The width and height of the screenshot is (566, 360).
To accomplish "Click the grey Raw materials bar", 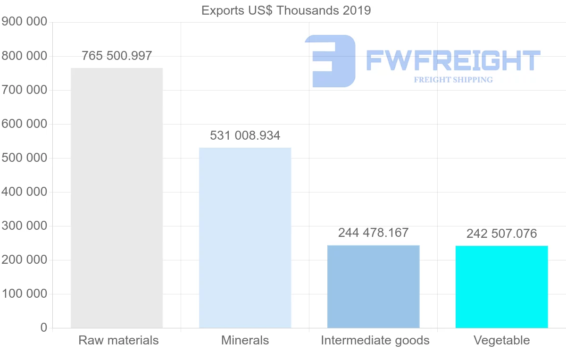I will (117, 198).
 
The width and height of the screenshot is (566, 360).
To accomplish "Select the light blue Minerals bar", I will (245, 238).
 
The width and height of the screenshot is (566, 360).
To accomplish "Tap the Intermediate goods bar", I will (373, 286).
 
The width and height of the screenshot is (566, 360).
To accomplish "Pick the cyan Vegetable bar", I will (501, 287).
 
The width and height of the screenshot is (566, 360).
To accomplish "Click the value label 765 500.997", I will (117, 56).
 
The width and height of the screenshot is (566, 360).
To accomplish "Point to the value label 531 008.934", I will (245, 136).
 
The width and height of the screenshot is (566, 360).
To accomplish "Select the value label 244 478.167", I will (373, 233).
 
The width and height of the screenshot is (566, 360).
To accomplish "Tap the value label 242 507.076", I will (501, 234).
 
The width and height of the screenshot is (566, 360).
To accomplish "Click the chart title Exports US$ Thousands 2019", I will (286, 10).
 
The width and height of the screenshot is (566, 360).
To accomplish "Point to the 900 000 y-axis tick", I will (24, 22).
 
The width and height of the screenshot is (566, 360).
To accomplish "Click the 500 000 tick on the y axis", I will (24, 158).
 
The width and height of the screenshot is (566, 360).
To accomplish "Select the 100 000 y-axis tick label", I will (24, 294).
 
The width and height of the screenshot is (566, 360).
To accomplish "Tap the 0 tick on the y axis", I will (44, 328).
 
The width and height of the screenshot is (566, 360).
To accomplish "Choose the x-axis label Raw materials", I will (118, 340).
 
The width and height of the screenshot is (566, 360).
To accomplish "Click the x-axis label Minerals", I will (245, 340).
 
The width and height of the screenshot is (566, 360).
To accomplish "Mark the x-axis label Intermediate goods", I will (375, 340).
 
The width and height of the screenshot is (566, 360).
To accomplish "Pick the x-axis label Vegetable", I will (501, 340).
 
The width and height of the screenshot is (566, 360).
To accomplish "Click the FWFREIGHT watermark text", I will (453, 60).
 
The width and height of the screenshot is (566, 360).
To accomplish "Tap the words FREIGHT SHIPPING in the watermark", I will (453, 80).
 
